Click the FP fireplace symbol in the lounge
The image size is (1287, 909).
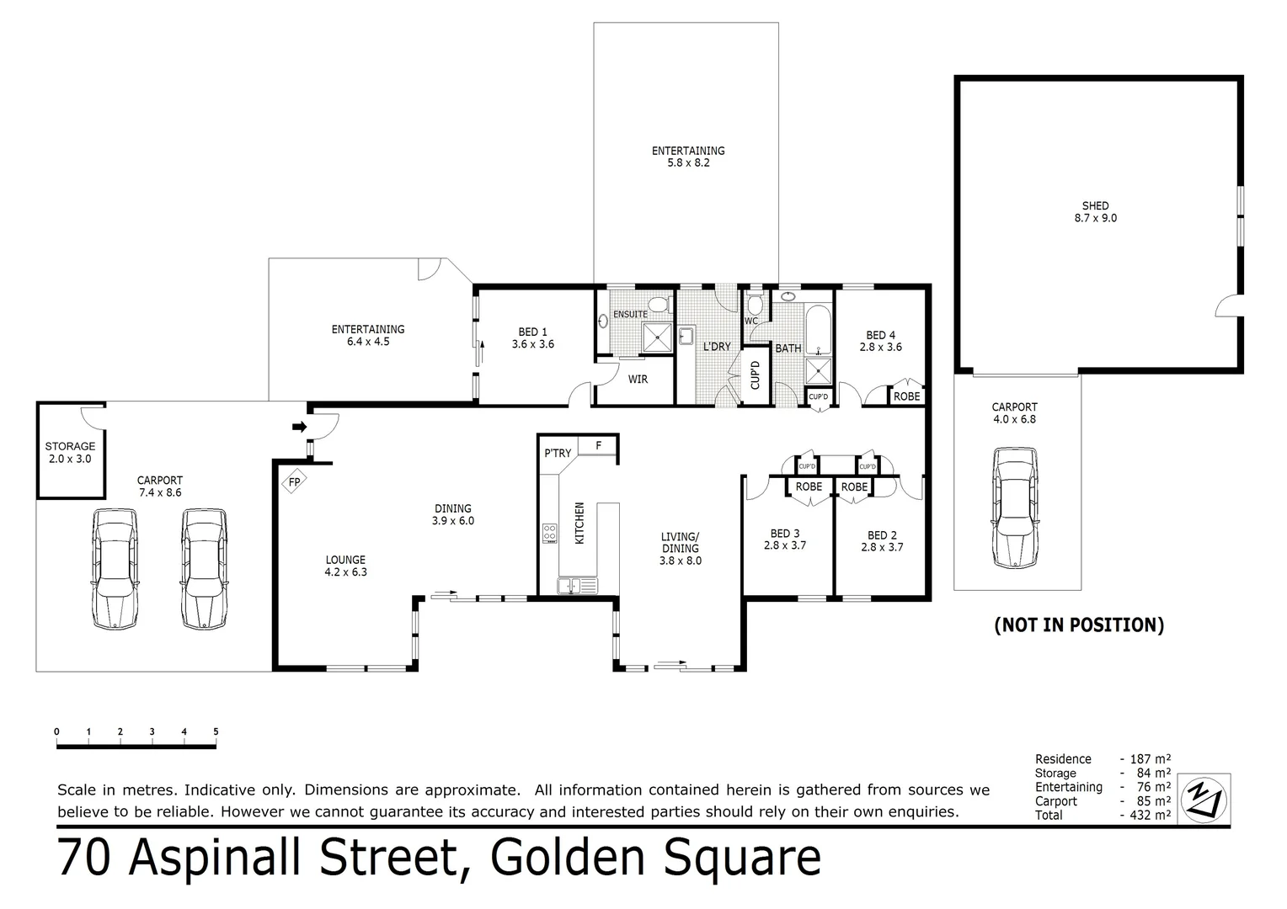(294, 482)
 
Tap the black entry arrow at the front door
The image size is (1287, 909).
(299, 428)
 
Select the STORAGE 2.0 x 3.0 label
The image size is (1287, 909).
(70, 453)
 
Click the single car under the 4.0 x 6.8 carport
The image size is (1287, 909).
(1015, 508)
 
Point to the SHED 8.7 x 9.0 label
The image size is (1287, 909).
(1095, 211)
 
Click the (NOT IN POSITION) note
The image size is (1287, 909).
(1079, 625)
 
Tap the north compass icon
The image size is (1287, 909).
(1204, 797)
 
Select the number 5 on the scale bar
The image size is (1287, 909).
(216, 731)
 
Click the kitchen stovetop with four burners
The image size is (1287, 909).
(549, 533)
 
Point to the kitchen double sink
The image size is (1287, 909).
(577, 585)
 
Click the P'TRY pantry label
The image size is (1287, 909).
(558, 453)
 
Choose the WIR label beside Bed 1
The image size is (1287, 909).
(638, 380)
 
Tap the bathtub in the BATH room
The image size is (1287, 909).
(817, 331)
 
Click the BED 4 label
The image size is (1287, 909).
(880, 341)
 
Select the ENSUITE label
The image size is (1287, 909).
(630, 314)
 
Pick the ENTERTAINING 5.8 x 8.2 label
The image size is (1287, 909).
(687, 157)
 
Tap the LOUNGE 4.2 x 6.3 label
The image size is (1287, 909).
(345, 566)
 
